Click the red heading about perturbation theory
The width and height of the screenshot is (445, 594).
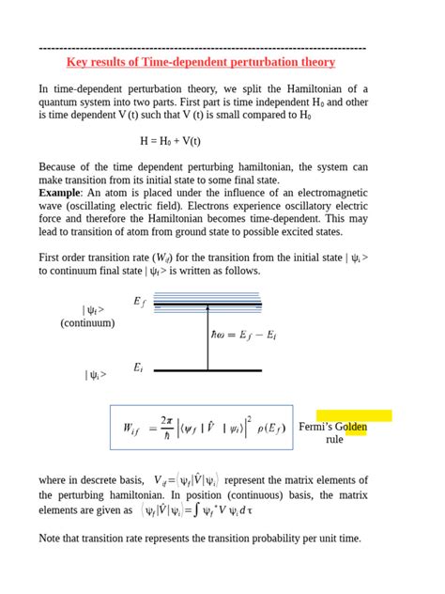(201, 62)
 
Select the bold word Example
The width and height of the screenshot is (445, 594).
(59, 193)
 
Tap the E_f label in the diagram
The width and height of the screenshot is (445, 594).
(139, 302)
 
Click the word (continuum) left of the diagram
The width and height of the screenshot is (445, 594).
(87, 322)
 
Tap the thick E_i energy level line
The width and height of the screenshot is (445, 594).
(207, 371)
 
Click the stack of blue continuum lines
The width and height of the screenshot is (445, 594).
(207, 301)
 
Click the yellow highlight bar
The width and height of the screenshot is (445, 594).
(355, 416)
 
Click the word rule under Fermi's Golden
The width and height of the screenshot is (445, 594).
(334, 440)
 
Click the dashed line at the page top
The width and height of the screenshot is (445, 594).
(202, 47)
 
